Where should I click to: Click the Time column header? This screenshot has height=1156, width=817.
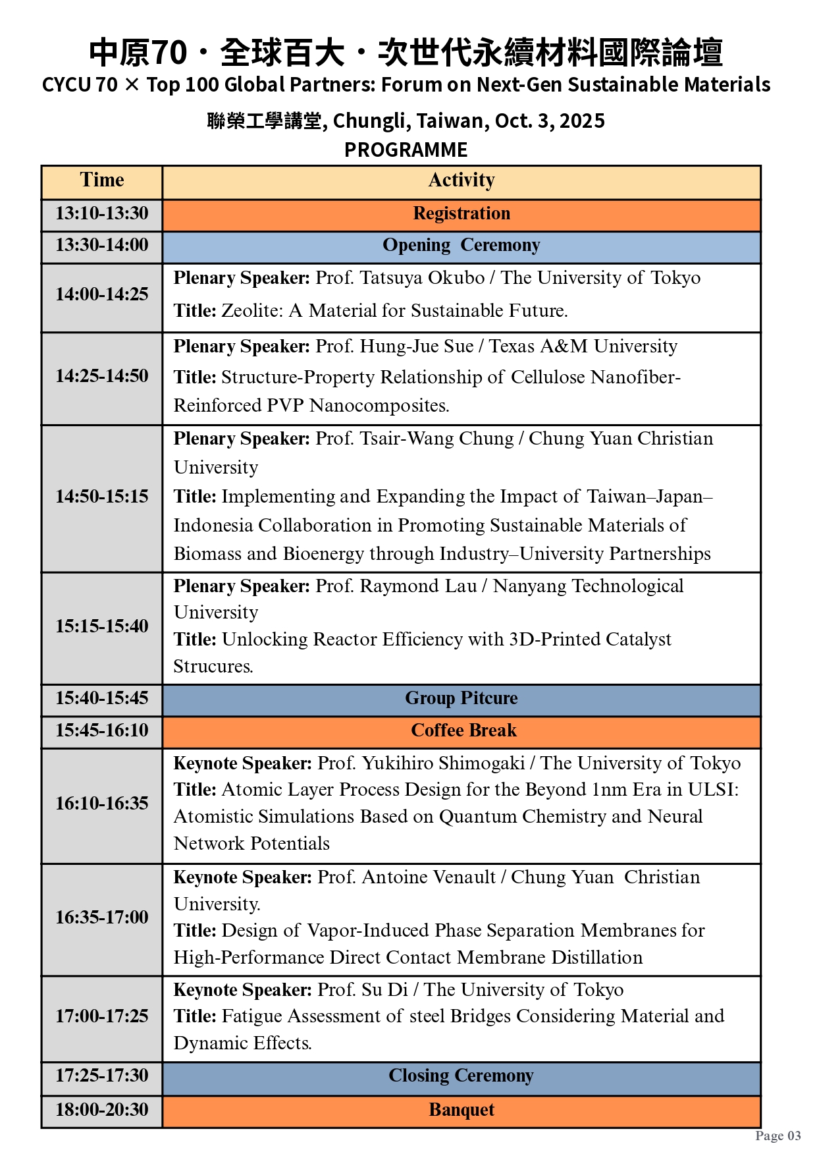click(102, 180)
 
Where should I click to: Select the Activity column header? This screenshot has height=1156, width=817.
click(461, 180)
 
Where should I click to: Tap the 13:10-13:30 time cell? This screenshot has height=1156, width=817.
click(102, 214)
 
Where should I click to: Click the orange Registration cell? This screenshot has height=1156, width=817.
click(461, 214)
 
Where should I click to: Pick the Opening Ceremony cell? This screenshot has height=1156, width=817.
click(461, 246)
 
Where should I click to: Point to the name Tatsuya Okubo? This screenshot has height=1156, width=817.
click(422, 278)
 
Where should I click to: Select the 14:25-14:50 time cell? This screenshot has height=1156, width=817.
click(102, 377)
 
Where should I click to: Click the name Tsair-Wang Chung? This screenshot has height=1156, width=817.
click(436, 439)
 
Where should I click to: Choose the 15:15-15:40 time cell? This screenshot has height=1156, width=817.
click(102, 626)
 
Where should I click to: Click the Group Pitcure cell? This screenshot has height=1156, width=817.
click(461, 699)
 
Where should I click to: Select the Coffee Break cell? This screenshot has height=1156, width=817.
click(463, 731)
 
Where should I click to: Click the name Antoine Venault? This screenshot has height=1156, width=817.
click(429, 877)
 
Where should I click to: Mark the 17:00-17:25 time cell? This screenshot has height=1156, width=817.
click(102, 1016)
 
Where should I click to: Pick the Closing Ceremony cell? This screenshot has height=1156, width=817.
click(461, 1076)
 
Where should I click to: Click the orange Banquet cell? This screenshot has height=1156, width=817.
click(461, 1111)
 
